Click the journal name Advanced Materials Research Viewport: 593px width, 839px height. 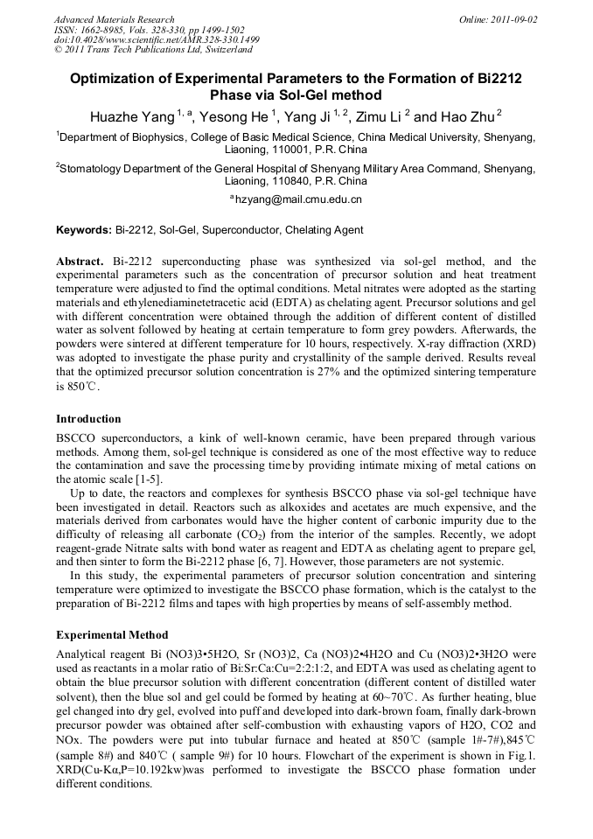coord(115,19)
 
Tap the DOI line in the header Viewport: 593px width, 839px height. coord(157,39)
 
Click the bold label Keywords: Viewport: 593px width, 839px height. coord(84,230)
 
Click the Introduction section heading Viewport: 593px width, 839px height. coord(88,418)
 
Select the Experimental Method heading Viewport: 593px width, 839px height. coord(112,634)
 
